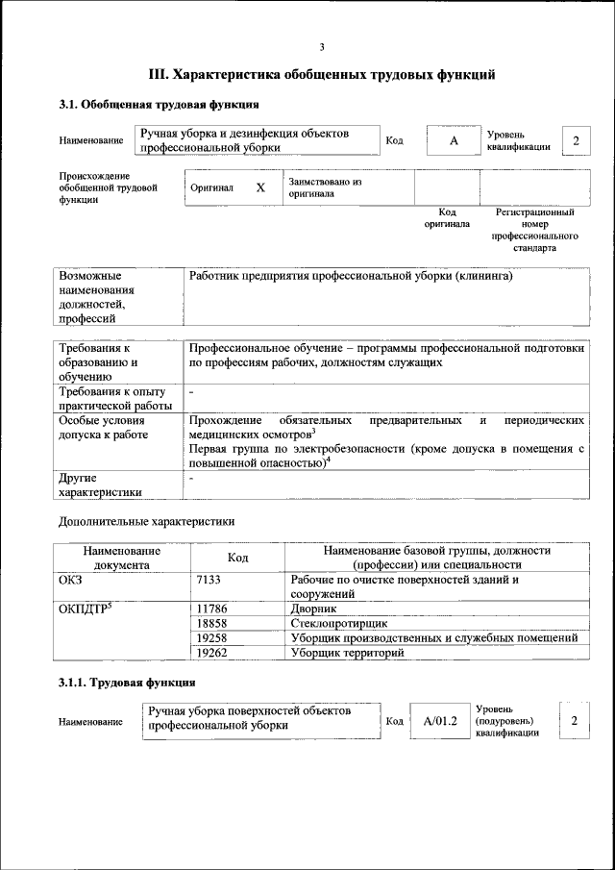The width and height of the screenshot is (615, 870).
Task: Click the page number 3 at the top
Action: point(322,47)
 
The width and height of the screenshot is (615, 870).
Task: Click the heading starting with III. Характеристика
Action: point(322,74)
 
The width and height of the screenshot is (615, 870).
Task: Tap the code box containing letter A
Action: point(454,141)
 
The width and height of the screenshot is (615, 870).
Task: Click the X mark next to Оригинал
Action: point(259,188)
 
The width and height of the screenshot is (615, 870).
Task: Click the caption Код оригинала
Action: point(447,217)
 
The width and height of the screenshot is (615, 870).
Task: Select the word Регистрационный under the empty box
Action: point(534,211)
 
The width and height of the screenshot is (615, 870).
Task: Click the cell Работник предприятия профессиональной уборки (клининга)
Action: point(351,276)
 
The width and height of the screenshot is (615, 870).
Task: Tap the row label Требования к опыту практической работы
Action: point(113,398)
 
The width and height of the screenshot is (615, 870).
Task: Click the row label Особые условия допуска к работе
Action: point(104,428)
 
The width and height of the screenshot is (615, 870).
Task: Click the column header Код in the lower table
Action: point(238,558)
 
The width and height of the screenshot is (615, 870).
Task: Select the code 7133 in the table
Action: point(209,580)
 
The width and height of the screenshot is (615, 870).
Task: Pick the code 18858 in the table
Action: point(211,623)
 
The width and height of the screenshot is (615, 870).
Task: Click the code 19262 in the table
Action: point(211,653)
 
